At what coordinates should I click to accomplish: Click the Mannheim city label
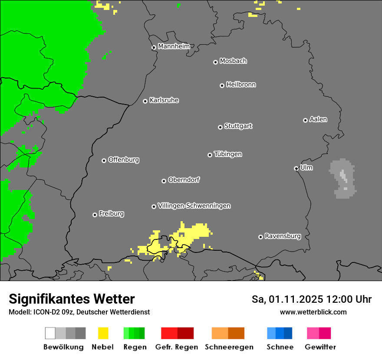click(x=174, y=46)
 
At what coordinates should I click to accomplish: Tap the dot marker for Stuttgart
click(x=220, y=127)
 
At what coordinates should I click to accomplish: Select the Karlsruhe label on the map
click(x=164, y=100)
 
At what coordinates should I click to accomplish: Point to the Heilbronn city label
click(x=241, y=85)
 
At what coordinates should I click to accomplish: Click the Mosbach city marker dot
click(x=215, y=62)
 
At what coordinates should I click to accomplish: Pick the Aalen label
click(x=318, y=119)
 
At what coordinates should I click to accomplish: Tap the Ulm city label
click(x=306, y=167)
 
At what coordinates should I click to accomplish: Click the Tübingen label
click(x=228, y=154)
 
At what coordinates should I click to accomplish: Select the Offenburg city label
click(x=124, y=160)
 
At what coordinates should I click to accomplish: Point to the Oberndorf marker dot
click(x=164, y=181)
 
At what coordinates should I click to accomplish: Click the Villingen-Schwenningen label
click(x=194, y=206)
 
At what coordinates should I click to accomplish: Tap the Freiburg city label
click(x=111, y=213)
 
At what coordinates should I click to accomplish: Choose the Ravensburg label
click(x=283, y=236)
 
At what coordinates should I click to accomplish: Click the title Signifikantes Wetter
click(x=72, y=299)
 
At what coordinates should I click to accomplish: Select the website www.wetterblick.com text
click(x=313, y=312)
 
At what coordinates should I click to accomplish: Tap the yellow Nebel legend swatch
click(x=103, y=333)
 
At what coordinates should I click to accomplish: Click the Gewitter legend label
click(x=320, y=347)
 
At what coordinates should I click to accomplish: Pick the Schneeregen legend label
click(x=229, y=347)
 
